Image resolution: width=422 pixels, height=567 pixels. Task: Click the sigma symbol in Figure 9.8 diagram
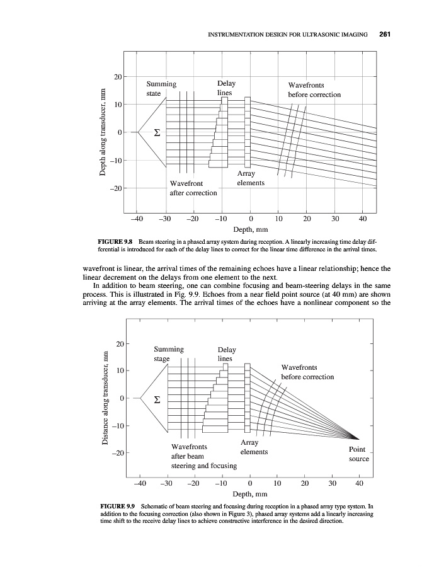tap(157, 133)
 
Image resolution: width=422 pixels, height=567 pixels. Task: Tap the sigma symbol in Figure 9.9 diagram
tap(158, 399)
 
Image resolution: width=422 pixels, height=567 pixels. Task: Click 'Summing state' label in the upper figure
tap(161, 89)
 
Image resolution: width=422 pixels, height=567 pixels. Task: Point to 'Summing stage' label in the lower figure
tap(168, 354)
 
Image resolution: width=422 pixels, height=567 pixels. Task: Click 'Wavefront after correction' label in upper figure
tap(193, 188)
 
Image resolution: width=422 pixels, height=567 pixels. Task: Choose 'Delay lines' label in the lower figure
tap(226, 354)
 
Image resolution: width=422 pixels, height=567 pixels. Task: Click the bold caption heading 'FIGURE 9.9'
tap(118, 507)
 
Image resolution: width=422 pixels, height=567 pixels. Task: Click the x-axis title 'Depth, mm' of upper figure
tap(251, 229)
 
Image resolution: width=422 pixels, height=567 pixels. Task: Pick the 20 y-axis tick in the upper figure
tap(117, 77)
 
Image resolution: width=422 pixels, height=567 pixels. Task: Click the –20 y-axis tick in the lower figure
tap(118, 454)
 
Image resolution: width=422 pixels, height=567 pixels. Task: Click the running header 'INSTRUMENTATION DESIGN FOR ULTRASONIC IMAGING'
tap(287, 34)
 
